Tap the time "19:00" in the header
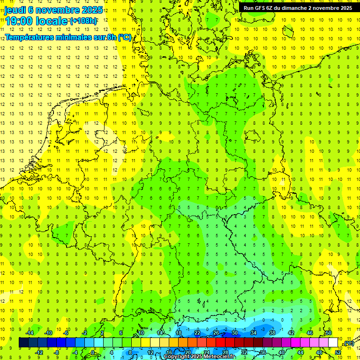click(19, 21)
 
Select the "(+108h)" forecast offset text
click(83, 21)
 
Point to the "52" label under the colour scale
click(338, 352)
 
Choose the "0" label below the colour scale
click(92, 352)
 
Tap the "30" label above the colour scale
click(235, 333)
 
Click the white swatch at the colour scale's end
click(333, 343)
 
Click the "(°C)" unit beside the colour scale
click(348, 344)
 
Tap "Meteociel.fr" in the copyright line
click(219, 357)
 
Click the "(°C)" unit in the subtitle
click(124, 37)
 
